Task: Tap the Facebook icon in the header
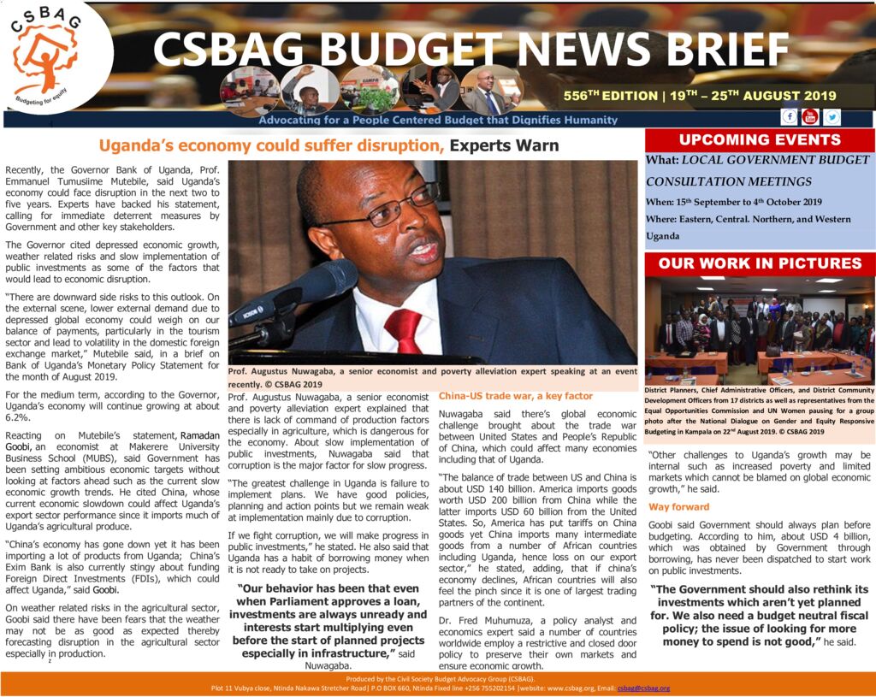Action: pyautogui.click(x=789, y=116)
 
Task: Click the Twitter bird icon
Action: pyautogui.click(x=831, y=116)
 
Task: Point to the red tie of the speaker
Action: pyautogui.click(x=404, y=329)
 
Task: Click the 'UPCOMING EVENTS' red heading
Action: pyautogui.click(x=760, y=140)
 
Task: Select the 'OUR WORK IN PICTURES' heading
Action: pyautogui.click(x=760, y=263)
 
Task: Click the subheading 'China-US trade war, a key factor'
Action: pyautogui.click(x=515, y=396)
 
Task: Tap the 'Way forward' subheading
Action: pyautogui.click(x=678, y=507)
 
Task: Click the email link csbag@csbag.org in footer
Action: pyautogui.click(x=643, y=688)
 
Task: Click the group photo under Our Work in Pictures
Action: pyautogui.click(x=760, y=329)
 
